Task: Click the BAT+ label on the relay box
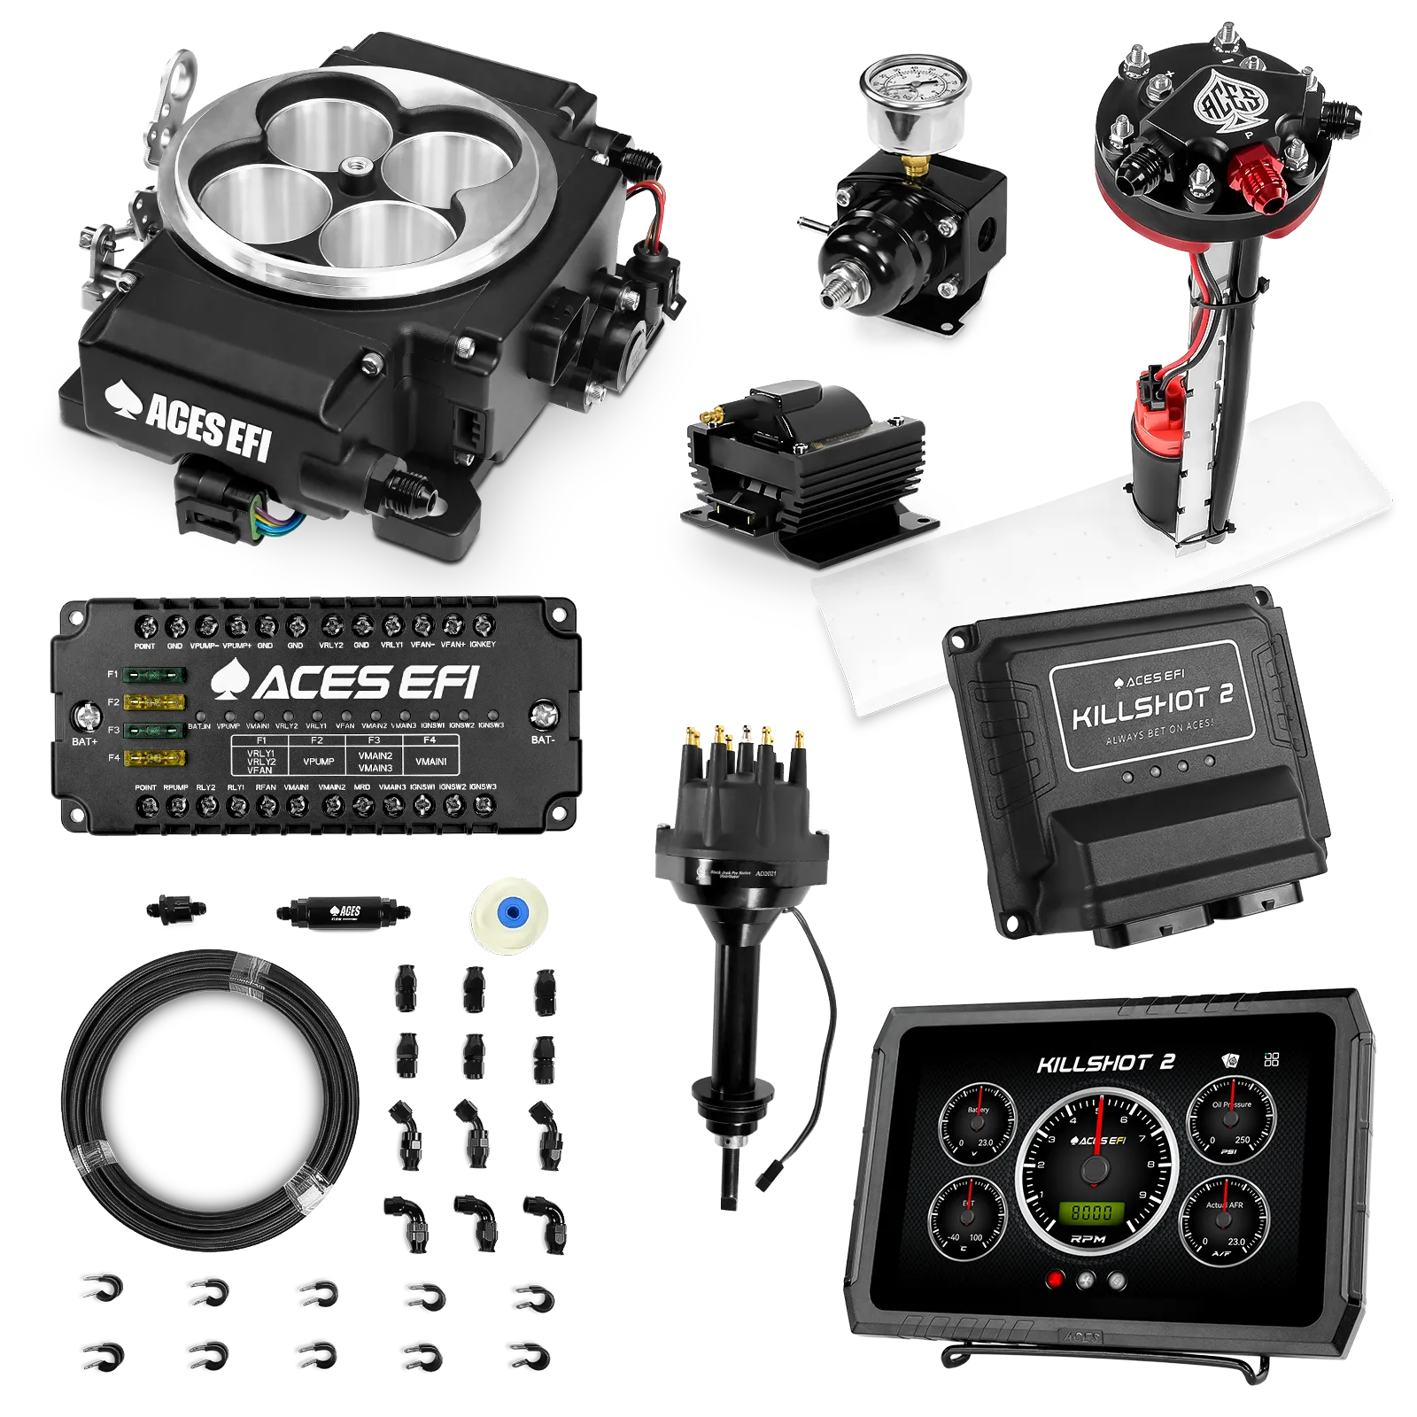click(85, 741)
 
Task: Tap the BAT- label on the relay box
click(543, 739)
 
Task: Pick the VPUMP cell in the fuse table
click(318, 761)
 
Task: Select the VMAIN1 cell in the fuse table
click(430, 761)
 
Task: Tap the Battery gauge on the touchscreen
click(977, 1121)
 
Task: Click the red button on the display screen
click(1054, 1280)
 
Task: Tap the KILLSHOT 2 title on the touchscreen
click(1105, 1063)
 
